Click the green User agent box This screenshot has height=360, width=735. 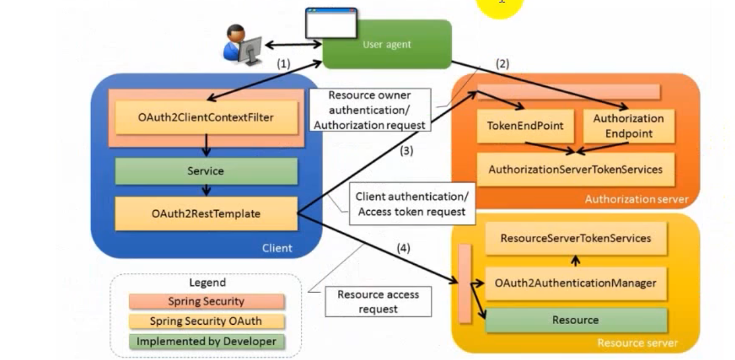pos(387,44)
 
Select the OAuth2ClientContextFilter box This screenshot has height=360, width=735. pos(205,117)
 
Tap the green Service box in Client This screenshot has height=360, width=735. pos(205,171)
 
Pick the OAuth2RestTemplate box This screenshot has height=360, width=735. pos(205,213)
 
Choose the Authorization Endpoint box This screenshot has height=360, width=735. pos(628,126)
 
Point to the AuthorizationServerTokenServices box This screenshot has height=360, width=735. pos(575,170)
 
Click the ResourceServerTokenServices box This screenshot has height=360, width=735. pos(575,238)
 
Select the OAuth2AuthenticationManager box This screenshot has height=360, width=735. pos(575,283)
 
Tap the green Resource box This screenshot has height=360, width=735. pos(575,320)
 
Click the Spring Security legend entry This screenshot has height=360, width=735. pos(206,301)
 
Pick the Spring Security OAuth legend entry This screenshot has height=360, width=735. pos(206,321)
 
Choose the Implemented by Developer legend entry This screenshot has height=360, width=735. pos(206,341)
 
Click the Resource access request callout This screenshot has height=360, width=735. pos(378,301)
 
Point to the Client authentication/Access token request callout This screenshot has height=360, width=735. pos(412,204)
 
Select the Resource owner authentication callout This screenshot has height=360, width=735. pos(370,110)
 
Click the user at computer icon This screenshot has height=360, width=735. pos(242,43)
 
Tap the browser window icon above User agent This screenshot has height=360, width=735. pos(331,23)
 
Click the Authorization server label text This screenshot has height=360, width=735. pos(636,199)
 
